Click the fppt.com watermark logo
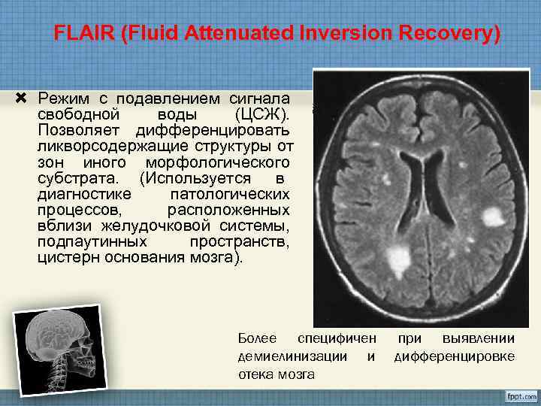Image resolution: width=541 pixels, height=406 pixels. click(x=515, y=395)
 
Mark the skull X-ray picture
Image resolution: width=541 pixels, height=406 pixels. click(x=56, y=349)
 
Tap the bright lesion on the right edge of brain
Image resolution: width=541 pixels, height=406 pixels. click(x=493, y=217)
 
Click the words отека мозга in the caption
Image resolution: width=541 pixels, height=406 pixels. click(x=276, y=374)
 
